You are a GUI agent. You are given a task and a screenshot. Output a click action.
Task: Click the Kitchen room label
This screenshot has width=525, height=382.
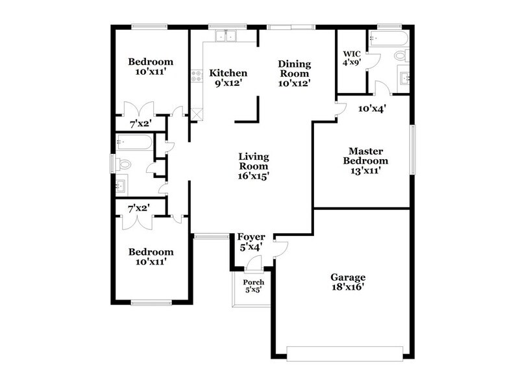click(x=227, y=73)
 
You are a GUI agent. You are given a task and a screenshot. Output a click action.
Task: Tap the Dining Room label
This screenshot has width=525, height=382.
click(x=295, y=64)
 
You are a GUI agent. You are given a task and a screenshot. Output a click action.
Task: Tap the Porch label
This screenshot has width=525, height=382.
click(x=253, y=283)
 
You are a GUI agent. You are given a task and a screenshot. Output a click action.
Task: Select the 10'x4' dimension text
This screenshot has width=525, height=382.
click(x=372, y=108)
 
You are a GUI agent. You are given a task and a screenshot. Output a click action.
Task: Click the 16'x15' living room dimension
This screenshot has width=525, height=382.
click(x=253, y=175)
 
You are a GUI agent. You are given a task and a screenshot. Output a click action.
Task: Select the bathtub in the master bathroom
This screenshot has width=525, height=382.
click(x=388, y=39)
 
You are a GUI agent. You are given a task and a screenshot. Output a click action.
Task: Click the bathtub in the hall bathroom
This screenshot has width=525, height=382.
click(x=135, y=142)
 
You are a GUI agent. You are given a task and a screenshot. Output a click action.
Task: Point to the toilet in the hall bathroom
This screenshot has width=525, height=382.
click(x=123, y=164)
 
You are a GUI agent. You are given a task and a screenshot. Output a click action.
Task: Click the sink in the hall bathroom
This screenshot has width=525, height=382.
click(x=121, y=186)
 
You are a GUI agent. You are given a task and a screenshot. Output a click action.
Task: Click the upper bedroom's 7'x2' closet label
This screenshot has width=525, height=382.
click(x=140, y=123)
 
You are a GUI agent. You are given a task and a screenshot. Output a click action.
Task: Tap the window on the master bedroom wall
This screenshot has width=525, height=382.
click(x=411, y=149)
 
